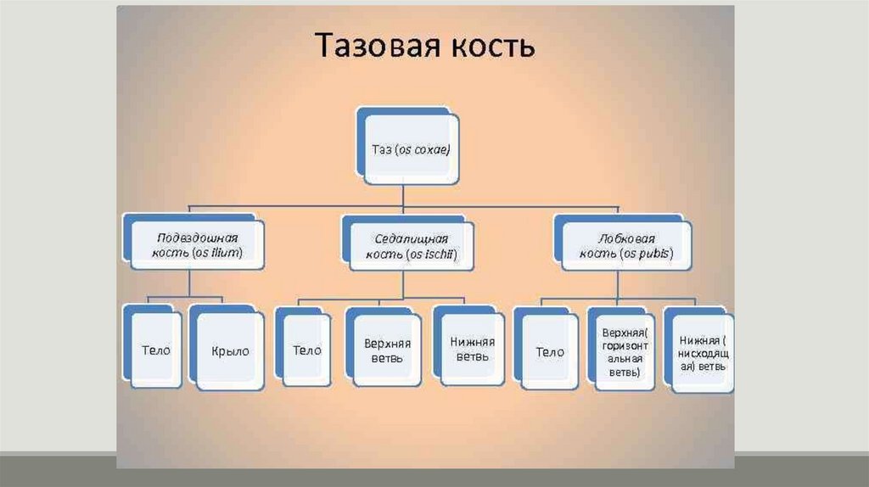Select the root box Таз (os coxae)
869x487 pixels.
pos(411,149)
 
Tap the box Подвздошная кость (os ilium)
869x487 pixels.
pos(197,246)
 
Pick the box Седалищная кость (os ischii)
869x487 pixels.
pos(411,246)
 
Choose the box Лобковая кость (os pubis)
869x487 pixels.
pos(624,246)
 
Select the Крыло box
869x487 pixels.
pos(228,350)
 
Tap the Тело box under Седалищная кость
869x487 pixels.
pos(307,349)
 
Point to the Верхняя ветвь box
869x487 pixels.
pos(386,350)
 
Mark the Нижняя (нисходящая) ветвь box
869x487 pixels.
pos(702,351)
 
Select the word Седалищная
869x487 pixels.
pos(411,239)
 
